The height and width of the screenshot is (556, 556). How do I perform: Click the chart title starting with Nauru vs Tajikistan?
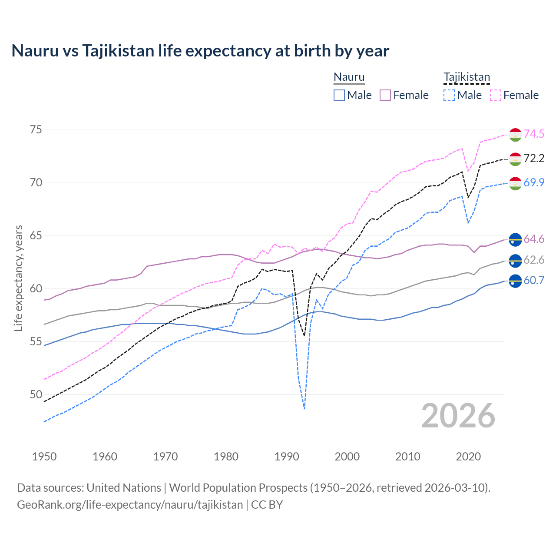pos(200,51)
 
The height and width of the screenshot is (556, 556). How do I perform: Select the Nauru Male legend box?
pos(339,95)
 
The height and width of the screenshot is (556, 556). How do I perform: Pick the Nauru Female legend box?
pos(385,95)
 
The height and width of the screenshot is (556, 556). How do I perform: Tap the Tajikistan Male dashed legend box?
pos(449,95)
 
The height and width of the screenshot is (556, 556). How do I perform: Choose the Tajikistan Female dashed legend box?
pos(496,95)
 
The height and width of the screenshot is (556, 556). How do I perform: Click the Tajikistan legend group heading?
pos(467,77)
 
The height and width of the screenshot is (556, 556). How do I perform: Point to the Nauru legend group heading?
pos(349,77)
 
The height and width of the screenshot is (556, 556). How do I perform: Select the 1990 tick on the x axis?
pos(287,457)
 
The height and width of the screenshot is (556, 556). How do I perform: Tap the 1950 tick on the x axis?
pos(44,457)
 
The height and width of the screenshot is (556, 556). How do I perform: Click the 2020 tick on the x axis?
pos(468,457)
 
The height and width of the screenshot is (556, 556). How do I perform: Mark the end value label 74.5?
pos(534,134)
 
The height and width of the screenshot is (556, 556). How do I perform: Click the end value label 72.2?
pos(534,159)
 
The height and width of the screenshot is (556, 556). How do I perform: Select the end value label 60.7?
pos(534,281)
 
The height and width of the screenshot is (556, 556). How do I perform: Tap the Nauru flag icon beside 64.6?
pos(515,239)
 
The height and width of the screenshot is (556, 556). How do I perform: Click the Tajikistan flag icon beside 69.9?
pos(515,183)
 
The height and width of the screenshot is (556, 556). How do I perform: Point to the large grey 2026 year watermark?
pos(458,416)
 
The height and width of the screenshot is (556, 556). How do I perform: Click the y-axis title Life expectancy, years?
pos(19,278)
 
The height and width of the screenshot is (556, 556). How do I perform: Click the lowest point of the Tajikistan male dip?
pos(304,409)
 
